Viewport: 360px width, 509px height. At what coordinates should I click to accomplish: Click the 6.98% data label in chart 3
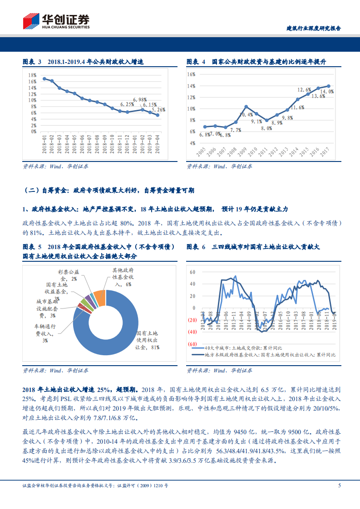pyautogui.click(x=140, y=99)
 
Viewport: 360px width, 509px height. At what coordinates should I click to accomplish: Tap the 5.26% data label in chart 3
pyautogui.click(x=158, y=110)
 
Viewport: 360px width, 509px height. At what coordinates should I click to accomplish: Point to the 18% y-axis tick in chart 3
pyautogui.click(x=32, y=75)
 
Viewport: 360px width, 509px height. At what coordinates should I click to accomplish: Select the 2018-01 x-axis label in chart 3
pyautogui.click(x=44, y=142)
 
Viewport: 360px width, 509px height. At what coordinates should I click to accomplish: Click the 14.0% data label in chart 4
pyautogui.click(x=328, y=91)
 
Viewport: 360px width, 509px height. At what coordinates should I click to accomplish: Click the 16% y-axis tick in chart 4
pyautogui.click(x=191, y=74)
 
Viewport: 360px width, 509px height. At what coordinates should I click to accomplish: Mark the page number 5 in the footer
pyautogui.click(x=339, y=485)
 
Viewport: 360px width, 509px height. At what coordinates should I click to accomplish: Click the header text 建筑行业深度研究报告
pyautogui.click(x=314, y=28)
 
